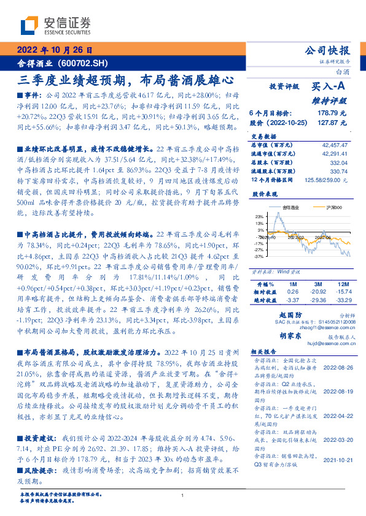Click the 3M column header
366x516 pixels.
[x=317, y=284]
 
